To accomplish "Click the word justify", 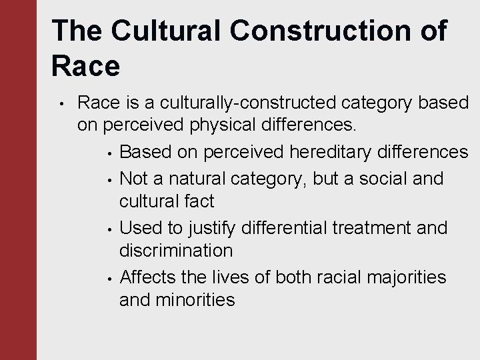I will [x=210, y=228].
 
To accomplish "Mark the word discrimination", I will [x=176, y=251].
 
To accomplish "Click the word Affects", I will [x=150, y=277].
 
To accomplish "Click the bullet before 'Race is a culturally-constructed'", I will [x=60, y=104].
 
